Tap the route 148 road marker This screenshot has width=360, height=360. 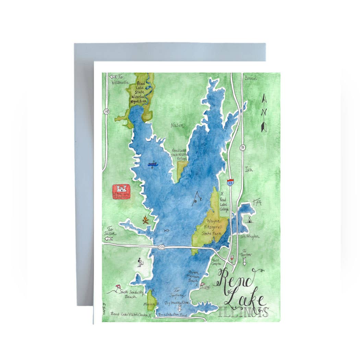106,111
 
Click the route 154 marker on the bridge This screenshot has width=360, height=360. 161,247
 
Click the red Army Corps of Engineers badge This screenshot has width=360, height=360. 121,192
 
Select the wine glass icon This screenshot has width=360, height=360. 232,257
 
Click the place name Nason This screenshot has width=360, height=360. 177,126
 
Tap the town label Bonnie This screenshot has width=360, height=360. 250,78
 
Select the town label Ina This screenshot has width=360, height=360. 248,169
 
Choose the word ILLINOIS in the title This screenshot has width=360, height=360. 243,312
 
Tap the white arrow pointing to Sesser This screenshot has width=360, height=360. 109,239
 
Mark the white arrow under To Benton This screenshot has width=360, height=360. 244,262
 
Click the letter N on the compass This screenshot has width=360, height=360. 264,112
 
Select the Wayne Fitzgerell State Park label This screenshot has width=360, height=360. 214,227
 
